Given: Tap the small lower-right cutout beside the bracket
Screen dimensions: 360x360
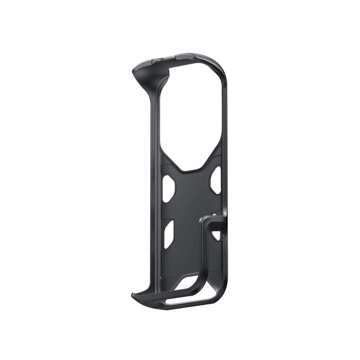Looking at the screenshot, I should (x=219, y=233).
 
